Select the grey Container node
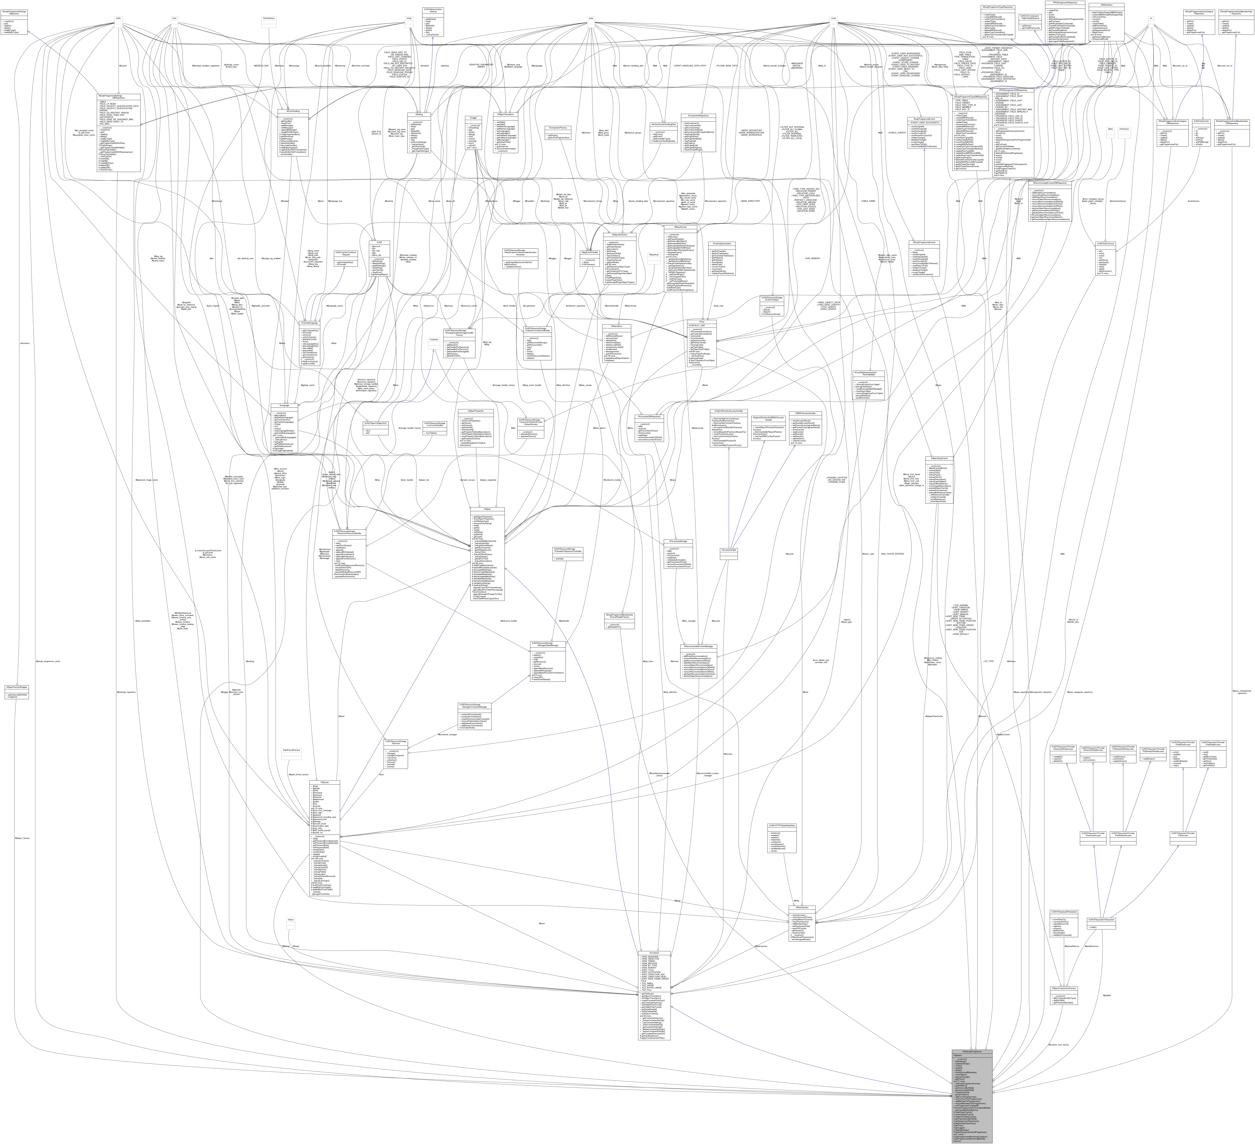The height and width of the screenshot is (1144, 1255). point(434,339)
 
